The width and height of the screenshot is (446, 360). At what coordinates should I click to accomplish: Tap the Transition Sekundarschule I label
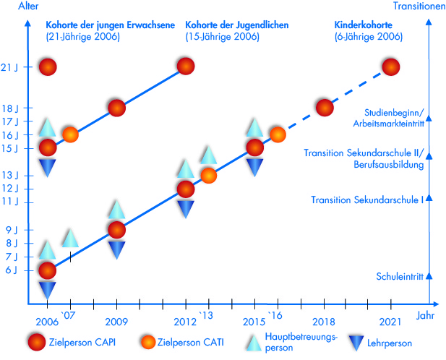(x=367, y=200)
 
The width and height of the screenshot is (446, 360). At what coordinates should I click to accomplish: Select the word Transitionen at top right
(x=419, y=7)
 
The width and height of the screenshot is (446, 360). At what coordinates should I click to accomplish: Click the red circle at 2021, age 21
(x=391, y=67)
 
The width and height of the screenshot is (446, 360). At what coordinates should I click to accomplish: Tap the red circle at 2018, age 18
(x=325, y=108)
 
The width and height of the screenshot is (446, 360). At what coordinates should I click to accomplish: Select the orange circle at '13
(x=208, y=174)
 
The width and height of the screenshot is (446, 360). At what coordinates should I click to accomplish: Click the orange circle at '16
(x=278, y=134)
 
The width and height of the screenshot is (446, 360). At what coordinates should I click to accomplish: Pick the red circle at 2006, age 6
(x=48, y=270)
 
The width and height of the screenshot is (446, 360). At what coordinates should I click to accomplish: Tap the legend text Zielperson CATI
(x=196, y=343)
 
